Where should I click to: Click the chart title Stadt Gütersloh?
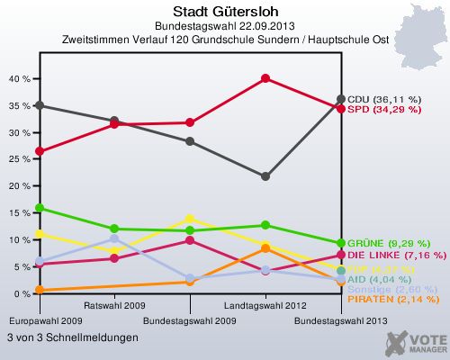225,11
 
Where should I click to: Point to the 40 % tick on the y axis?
18,78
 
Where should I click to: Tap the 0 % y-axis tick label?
22,294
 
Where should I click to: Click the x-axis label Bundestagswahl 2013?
342,320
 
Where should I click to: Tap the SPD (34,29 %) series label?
383,109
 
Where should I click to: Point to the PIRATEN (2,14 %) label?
392,299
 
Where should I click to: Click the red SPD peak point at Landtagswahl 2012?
265,78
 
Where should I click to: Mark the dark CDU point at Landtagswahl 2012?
265,176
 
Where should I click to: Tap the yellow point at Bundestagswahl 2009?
189,219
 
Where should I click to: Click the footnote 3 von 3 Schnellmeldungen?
72,337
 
